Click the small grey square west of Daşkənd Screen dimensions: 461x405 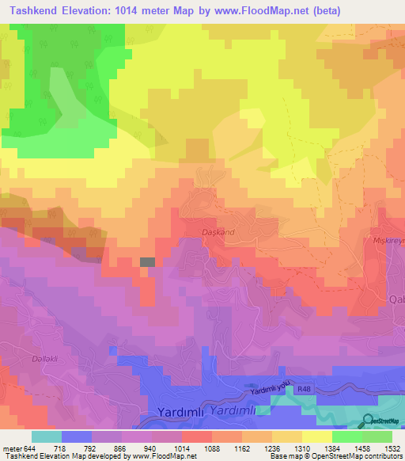(x=148, y=261)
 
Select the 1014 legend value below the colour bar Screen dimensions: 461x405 (x=181, y=448)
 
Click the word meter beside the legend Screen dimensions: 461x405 (x=13, y=448)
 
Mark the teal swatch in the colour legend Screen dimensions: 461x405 (x=47, y=436)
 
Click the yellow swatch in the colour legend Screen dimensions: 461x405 (x=317, y=436)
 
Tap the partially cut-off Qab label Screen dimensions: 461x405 (x=396, y=299)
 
